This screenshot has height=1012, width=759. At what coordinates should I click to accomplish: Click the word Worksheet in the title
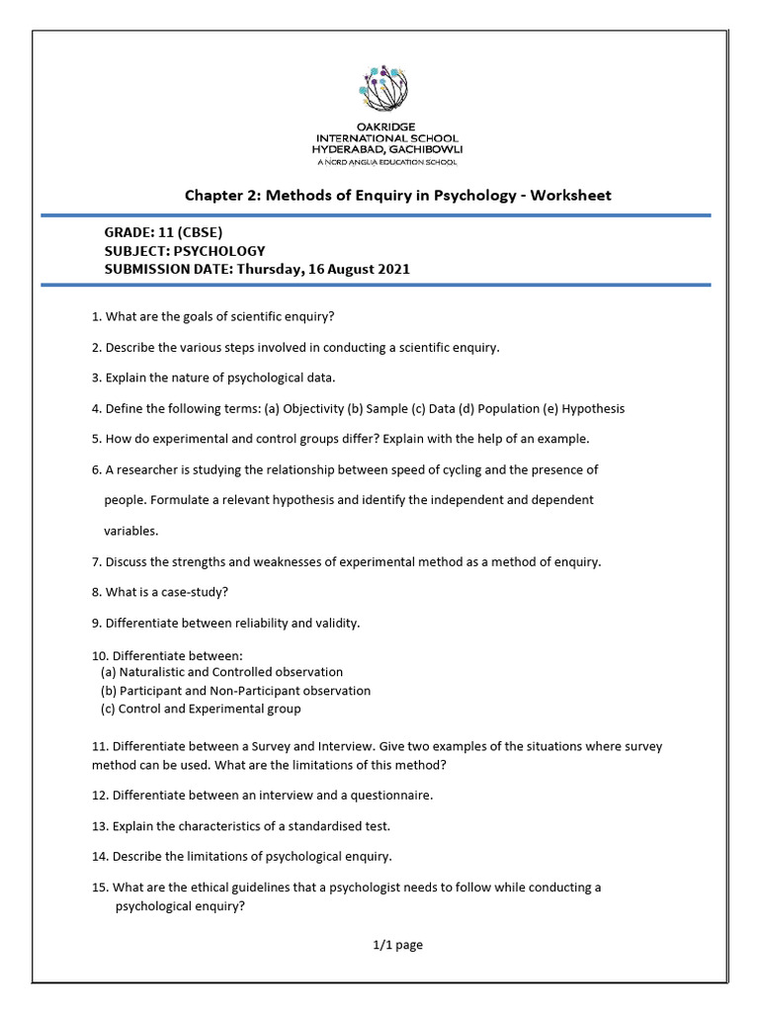570,195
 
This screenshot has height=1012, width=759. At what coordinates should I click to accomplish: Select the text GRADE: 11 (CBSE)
170,233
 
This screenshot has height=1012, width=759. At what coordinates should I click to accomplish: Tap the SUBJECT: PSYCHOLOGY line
185,251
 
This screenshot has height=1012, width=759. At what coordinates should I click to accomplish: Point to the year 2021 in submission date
392,269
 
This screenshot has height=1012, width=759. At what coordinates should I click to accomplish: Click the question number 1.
95,316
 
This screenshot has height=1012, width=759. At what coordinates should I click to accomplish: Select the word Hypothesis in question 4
590,408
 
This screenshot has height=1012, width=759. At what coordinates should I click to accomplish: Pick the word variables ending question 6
130,531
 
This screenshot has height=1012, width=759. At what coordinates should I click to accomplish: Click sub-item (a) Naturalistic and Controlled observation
222,672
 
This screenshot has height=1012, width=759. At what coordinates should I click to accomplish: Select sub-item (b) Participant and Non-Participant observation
236,691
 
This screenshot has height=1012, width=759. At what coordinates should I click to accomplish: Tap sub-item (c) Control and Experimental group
202,709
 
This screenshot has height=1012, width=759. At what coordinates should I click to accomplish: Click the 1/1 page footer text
397,945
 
